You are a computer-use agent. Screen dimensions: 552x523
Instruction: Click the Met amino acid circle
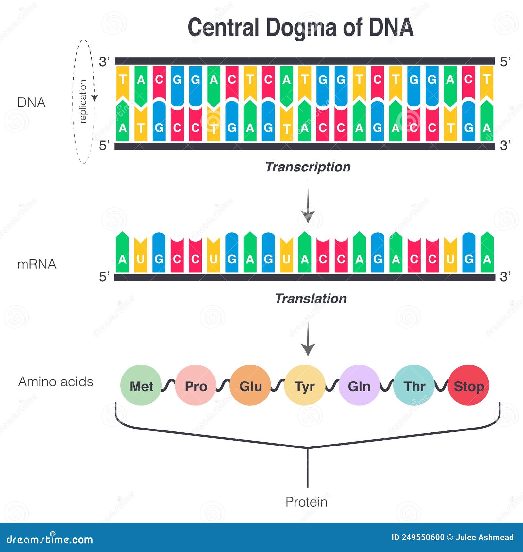tap(141, 385)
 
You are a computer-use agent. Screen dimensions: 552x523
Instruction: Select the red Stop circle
tap(468, 385)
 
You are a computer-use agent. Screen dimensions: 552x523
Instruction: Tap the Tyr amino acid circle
tap(305, 385)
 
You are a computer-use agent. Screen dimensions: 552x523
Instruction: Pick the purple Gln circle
tap(359, 385)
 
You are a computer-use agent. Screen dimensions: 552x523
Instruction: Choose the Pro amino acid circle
tap(195, 385)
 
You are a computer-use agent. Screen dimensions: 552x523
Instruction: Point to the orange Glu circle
tap(250, 385)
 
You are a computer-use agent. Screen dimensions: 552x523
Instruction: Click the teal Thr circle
tap(414, 385)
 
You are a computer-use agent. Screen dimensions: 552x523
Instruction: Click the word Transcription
tap(308, 167)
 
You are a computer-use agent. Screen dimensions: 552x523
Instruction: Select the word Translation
tap(311, 299)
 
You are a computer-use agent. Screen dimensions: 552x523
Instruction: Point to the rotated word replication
tap(83, 102)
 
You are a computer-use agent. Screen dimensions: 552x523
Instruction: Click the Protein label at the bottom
tap(306, 502)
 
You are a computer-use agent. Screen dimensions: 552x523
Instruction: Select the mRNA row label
tap(37, 264)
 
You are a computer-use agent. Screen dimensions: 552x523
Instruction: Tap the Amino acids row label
tap(56, 382)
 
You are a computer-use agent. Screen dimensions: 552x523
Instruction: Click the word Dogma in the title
tap(301, 27)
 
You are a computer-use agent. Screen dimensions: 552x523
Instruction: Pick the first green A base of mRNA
tap(122, 253)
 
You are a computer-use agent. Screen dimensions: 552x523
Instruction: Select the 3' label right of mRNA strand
tap(505, 277)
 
